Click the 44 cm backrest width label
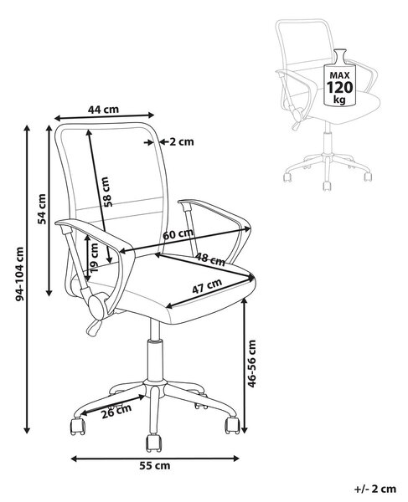[103, 110]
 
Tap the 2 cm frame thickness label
[182, 141]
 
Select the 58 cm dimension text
[107, 192]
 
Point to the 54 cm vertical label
[42, 208]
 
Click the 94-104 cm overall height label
[20, 274]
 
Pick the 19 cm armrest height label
[94, 258]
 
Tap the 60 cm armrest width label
[178, 233]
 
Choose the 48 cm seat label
[210, 259]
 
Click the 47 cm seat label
[207, 286]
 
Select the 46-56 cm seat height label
[252, 364]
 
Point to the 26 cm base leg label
[116, 412]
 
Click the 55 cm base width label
[155, 465]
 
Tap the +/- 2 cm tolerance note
[375, 489]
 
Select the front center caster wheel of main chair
[154, 443]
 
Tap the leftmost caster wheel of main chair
[78, 426]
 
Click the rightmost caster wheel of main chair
[232, 425]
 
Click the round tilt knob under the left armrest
[97, 306]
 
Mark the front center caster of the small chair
[327, 186]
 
